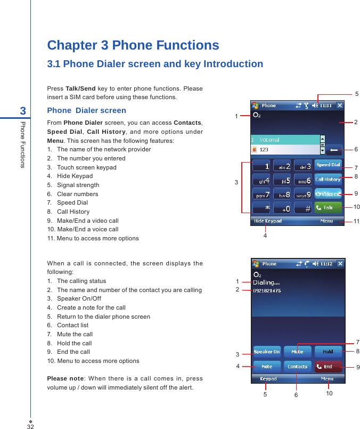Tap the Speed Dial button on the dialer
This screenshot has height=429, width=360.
pyautogui.click(x=328, y=165)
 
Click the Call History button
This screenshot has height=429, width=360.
pyautogui.click(x=328, y=180)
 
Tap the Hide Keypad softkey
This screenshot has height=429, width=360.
pyautogui.click(x=268, y=221)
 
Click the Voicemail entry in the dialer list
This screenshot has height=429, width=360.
pyautogui.click(x=285, y=140)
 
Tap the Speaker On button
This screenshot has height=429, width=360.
pyautogui.click(x=267, y=352)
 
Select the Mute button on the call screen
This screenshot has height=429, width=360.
pyautogui.click(x=298, y=352)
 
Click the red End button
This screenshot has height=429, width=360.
pyautogui.click(x=328, y=367)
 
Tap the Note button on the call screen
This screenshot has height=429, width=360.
pyautogui.click(x=267, y=367)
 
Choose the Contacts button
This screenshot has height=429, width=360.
pyautogui.click(x=298, y=367)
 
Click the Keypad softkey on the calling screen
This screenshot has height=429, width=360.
pyautogui.click(x=268, y=379)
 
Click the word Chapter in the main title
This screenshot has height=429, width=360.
pyautogui.click(x=71, y=45)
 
